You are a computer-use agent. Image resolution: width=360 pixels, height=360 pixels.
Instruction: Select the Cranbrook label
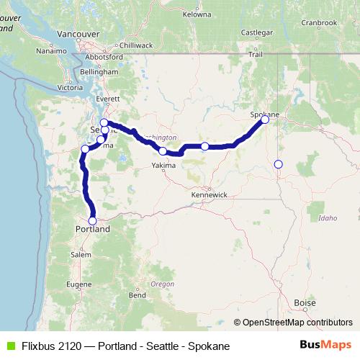pyautogui.click(x=318, y=22)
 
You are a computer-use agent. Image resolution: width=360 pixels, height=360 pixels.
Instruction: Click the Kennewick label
pyautogui.click(x=210, y=195)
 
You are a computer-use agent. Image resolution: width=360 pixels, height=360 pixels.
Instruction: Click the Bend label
pyautogui.click(x=137, y=295)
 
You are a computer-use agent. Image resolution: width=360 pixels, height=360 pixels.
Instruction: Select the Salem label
pyautogui.click(x=81, y=254)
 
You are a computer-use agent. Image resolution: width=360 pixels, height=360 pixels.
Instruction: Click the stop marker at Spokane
pyautogui.click(x=265, y=120)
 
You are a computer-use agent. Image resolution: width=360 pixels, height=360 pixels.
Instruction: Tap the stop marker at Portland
pyautogui.click(x=92, y=221)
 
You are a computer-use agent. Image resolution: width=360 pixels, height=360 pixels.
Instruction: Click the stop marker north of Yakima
pyautogui.click(x=163, y=151)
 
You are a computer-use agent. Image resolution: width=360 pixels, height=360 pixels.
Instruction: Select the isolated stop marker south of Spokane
pyautogui.click(x=279, y=164)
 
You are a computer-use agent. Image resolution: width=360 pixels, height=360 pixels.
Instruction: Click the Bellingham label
pyautogui.click(x=99, y=73)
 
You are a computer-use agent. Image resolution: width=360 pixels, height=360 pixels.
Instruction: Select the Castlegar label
pyautogui.click(x=257, y=32)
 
